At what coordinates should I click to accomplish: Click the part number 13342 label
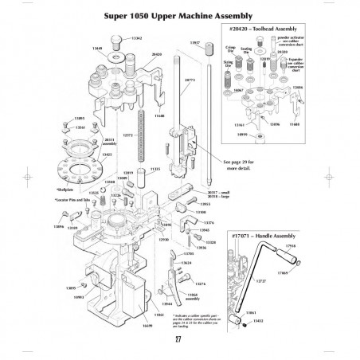[136, 37]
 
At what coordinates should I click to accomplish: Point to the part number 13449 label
[97, 48]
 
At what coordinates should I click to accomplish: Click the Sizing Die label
[228, 63]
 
